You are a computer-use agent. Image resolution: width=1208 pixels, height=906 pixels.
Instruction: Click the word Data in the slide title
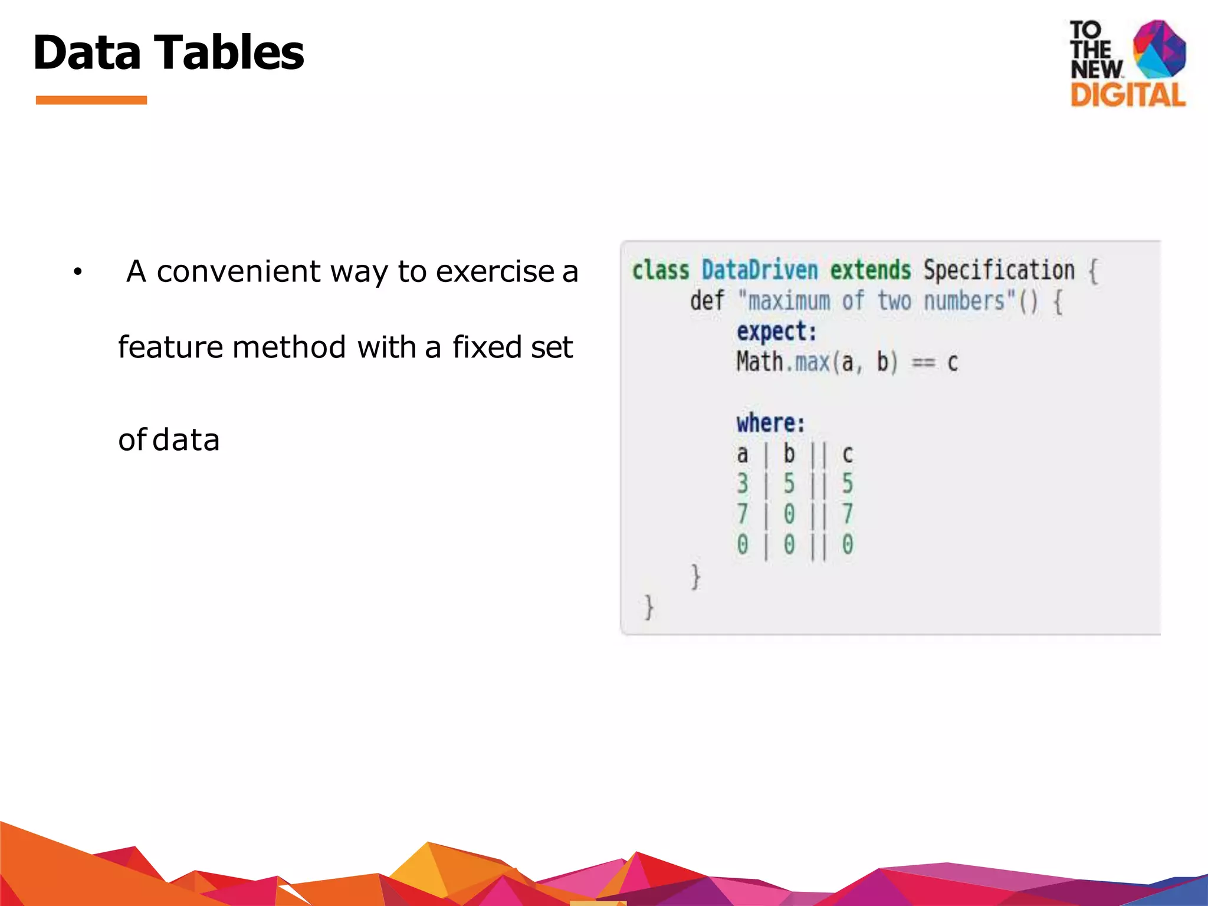point(87,52)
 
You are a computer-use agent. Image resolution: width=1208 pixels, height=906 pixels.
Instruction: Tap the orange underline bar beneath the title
point(91,100)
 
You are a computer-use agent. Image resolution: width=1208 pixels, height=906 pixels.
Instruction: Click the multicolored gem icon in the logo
point(1159,48)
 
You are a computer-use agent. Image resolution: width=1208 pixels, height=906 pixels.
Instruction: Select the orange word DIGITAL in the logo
point(1128,95)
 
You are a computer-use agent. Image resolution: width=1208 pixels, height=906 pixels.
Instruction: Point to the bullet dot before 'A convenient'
point(77,273)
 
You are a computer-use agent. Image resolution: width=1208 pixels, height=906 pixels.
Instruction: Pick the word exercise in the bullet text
point(494,272)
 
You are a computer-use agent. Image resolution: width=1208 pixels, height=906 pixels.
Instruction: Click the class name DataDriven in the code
point(760,271)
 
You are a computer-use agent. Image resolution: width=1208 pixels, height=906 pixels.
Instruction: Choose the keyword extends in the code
point(870,271)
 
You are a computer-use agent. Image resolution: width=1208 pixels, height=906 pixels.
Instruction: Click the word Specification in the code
point(999,271)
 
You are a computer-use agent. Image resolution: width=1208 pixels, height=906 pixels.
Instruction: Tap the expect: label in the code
point(776,332)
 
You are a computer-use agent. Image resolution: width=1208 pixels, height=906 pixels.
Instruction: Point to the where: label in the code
point(770,424)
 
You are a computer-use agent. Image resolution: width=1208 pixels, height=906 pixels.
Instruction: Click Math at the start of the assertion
point(760,362)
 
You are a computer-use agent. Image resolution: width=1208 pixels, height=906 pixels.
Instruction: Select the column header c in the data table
point(848,454)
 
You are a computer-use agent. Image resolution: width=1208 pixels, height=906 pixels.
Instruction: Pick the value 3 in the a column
point(743,484)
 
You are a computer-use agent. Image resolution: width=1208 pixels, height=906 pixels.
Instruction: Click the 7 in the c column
point(848,514)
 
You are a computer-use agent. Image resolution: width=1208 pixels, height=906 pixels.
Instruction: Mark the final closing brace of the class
point(649,607)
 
